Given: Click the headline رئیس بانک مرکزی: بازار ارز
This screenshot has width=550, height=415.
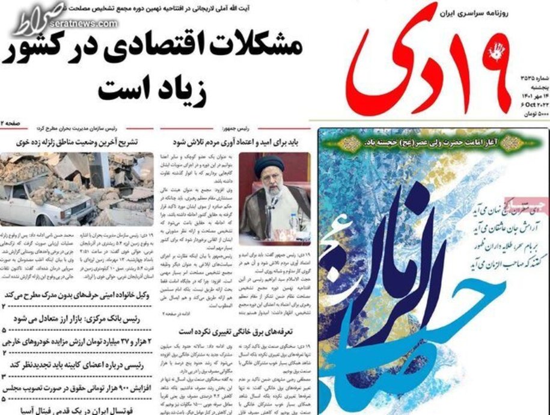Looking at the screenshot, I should [x=78, y=321].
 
